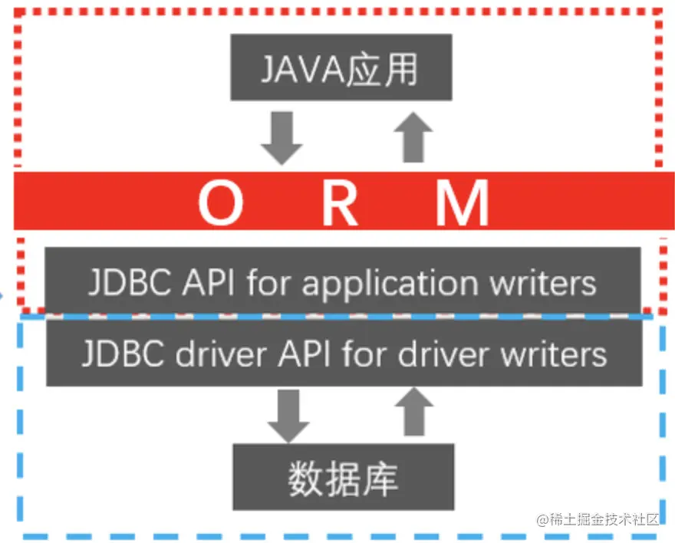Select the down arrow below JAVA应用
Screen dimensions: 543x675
click(282, 137)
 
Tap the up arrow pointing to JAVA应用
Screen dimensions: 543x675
click(413, 136)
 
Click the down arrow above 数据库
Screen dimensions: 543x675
click(287, 415)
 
